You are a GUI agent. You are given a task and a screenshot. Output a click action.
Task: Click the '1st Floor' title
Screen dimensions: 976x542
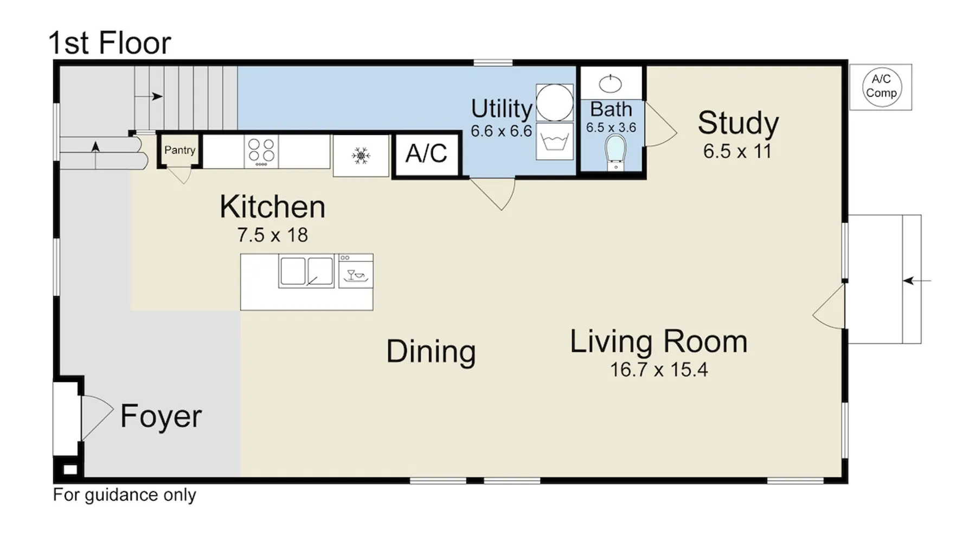click(x=110, y=43)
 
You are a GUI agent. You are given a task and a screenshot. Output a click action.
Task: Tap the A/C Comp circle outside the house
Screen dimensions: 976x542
click(x=881, y=87)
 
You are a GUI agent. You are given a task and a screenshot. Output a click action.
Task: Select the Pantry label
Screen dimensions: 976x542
click(x=179, y=150)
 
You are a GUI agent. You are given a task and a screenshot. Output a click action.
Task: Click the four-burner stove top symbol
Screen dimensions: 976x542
click(x=261, y=151)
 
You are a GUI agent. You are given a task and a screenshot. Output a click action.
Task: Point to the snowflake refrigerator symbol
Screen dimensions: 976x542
click(x=361, y=156)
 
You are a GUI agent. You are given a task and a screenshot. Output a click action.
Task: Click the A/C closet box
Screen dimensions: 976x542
click(x=427, y=153)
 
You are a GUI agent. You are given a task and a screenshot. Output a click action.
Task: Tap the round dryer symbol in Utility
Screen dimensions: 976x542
click(x=555, y=102)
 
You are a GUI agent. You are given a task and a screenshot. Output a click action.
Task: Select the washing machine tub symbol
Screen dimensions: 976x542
click(x=555, y=141)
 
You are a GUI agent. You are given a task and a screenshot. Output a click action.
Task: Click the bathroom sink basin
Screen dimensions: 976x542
click(x=611, y=84)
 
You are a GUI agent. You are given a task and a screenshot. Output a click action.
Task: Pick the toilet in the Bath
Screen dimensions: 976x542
click(x=615, y=152)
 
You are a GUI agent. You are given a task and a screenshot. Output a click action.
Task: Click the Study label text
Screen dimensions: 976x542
click(x=738, y=123)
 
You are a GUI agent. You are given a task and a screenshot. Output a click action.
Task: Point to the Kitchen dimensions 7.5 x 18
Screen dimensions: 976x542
click(x=272, y=235)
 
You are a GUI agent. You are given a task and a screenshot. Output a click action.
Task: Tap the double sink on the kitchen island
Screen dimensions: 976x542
click(x=306, y=271)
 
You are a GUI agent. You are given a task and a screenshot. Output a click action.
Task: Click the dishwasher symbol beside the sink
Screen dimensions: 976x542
click(x=356, y=270)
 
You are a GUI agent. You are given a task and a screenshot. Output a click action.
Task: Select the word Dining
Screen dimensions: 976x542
click(x=431, y=352)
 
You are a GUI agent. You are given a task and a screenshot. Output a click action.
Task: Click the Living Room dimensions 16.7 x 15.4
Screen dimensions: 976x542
click(x=659, y=370)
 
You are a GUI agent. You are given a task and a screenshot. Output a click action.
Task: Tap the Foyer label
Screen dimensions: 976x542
click(x=161, y=416)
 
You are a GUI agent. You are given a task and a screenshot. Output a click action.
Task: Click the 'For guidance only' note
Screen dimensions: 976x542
click(x=125, y=495)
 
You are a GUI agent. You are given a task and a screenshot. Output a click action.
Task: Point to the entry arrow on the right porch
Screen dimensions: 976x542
click(x=917, y=281)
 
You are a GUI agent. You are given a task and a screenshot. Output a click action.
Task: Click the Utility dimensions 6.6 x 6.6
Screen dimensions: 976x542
click(x=501, y=131)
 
